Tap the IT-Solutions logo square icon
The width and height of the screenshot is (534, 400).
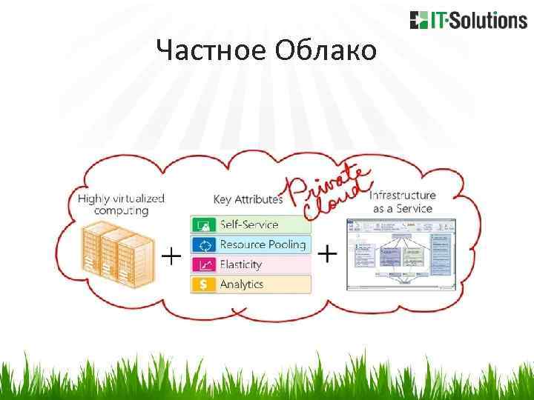coord(418,20)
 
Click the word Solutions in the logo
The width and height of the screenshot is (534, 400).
coord(490,20)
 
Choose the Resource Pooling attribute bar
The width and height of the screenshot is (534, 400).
coord(251,244)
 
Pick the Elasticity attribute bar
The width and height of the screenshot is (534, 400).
coord(251,264)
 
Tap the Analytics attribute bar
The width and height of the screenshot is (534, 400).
coord(251,284)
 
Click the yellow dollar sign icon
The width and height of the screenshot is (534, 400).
coord(202,284)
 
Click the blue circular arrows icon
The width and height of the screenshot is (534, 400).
coord(202,244)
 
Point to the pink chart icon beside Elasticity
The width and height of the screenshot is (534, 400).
coord(202,264)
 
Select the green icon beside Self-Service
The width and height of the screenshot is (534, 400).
coord(202,224)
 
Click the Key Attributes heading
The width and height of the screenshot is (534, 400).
coord(248,199)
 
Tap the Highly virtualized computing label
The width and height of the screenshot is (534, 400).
coord(121,204)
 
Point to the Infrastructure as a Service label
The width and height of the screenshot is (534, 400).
coord(402,201)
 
